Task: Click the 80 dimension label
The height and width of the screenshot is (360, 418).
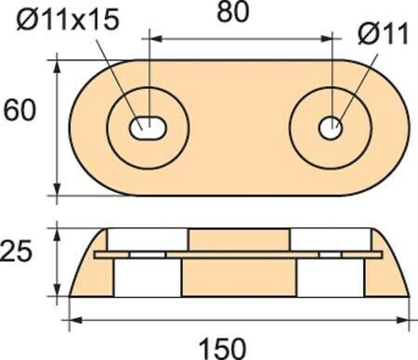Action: click(x=233, y=12)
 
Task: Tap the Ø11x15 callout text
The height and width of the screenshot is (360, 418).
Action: click(x=68, y=19)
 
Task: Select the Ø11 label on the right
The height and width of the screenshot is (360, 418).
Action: click(x=383, y=33)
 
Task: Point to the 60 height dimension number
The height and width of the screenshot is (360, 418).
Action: click(x=20, y=110)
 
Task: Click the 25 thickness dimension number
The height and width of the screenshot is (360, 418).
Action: click(x=16, y=251)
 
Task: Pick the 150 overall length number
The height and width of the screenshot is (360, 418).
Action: click(x=222, y=349)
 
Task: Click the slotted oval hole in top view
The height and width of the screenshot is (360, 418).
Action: click(x=148, y=128)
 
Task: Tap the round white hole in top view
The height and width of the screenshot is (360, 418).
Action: click(x=331, y=128)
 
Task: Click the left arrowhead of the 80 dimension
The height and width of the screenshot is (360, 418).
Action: click(x=156, y=39)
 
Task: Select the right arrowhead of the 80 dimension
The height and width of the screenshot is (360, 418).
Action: click(x=326, y=39)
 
